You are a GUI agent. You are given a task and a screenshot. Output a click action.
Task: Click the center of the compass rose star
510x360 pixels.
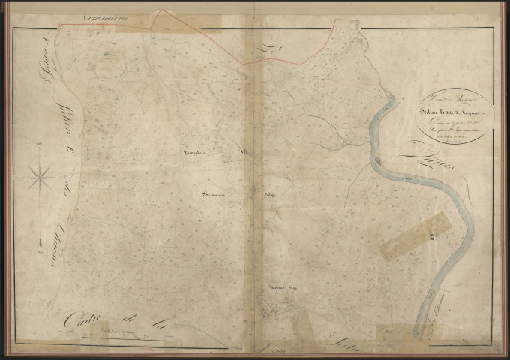pyautogui.click(x=39, y=178)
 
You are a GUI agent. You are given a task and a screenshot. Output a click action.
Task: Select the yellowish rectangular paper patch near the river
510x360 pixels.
pyautogui.click(x=416, y=235)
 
